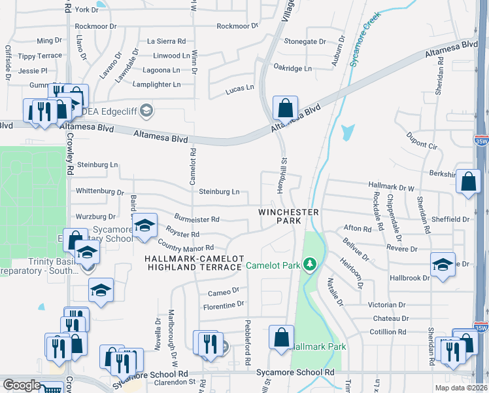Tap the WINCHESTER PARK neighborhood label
pos(288,217)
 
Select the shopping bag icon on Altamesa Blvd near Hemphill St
pos(285,108)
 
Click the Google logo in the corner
pos(21,385)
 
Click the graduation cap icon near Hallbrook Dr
pos(443,265)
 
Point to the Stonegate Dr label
pos(305,41)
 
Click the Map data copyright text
pos(460,388)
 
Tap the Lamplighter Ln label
pos(156,84)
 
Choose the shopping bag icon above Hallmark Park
pos(281,337)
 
